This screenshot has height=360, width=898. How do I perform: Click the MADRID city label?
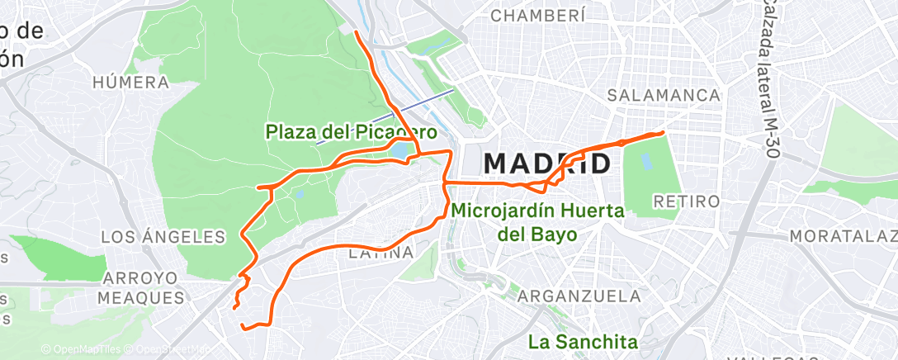coord(547,163)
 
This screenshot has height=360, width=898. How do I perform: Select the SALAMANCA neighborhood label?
coord(664,96)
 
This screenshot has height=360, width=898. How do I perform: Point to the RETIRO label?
coord(686,201)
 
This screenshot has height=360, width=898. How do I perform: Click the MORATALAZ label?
coord(842,237)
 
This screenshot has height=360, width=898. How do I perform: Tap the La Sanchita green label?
coord(584,341)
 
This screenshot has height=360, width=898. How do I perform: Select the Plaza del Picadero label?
coord(350,131)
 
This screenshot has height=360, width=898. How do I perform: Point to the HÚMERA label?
coord(131,83)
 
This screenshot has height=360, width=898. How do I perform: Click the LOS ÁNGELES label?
coord(163,237)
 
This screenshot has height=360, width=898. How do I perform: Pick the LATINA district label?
coord(380,253)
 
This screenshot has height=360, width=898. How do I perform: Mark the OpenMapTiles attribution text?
coord(81,349)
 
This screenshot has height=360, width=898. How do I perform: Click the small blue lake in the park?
coord(400,151)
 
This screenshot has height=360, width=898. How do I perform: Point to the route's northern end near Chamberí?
coord(356,32)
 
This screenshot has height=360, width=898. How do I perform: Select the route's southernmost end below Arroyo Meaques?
coord(243,327)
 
